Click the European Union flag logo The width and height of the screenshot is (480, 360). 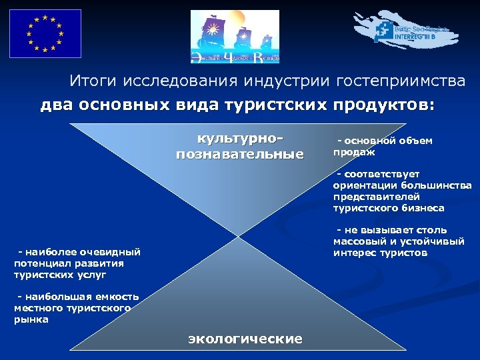tap(45, 33)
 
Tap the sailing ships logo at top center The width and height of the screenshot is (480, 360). tap(234, 37)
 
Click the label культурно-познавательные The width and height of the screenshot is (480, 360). tap(239, 147)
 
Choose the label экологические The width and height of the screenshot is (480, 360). tap(245, 339)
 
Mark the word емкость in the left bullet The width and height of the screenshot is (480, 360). tap(116, 297)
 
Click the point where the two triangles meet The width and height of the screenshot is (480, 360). tap(237, 235)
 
